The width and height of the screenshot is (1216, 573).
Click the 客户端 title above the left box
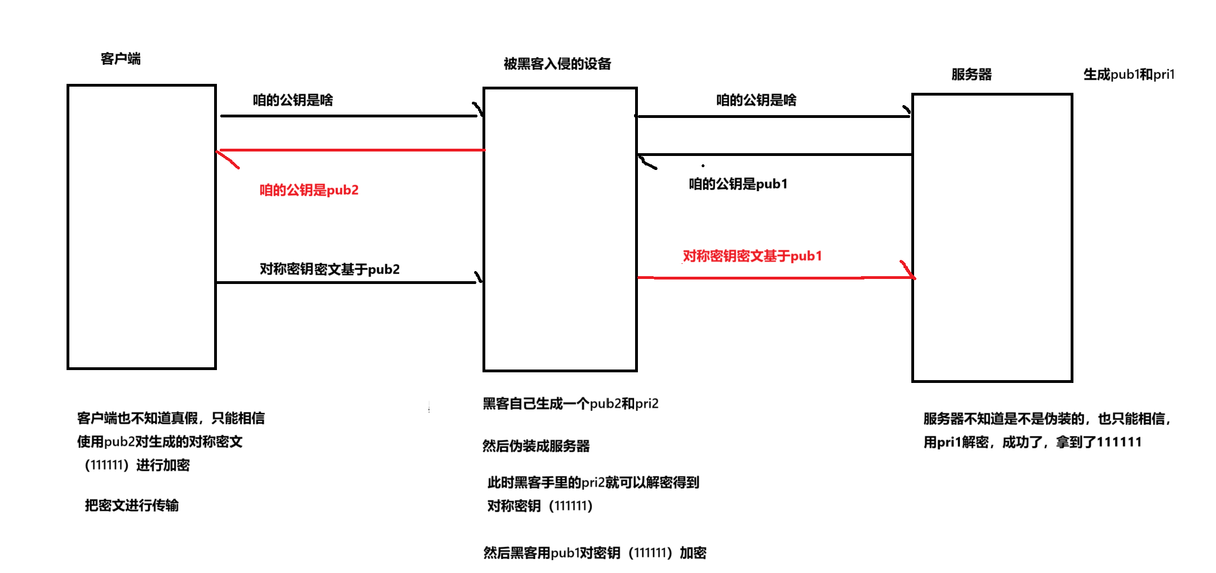(120, 59)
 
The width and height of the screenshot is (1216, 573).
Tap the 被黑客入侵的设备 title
(557, 64)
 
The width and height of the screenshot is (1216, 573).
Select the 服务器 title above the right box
(971, 74)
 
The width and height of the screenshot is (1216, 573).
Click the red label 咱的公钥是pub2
(309, 190)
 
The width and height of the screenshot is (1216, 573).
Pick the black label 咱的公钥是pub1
(737, 184)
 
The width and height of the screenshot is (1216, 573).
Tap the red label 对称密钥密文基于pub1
(752, 256)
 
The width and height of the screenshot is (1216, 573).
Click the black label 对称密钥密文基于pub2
(329, 269)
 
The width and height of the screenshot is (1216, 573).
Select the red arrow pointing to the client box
(350, 150)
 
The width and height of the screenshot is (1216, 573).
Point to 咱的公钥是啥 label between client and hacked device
(292, 100)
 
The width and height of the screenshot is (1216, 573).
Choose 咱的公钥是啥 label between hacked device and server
(756, 100)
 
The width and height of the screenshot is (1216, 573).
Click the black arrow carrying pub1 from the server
(774, 154)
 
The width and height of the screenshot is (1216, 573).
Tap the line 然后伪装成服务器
(536, 446)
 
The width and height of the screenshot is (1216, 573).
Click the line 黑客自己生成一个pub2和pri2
(570, 404)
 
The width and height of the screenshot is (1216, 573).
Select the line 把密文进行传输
(131, 505)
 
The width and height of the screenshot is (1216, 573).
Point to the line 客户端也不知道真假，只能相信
(171, 418)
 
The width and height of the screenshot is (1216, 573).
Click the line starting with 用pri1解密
(1032, 442)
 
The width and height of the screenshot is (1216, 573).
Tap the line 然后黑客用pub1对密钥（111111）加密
(594, 553)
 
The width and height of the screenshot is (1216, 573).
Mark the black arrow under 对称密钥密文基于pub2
(347, 282)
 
